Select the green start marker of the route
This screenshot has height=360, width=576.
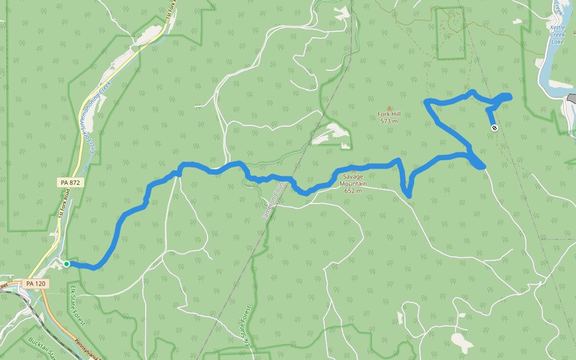pyautogui.click(x=67, y=263)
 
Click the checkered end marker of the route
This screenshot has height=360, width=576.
pyautogui.click(x=494, y=127)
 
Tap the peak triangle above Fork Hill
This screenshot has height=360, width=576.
pyautogui.click(x=389, y=108)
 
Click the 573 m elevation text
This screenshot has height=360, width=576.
pyautogui.click(x=389, y=121)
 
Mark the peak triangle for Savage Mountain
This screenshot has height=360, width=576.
pyautogui.click(x=353, y=171)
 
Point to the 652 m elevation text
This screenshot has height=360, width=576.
pyautogui.click(x=353, y=191)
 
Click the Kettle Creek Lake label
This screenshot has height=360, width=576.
pyautogui.click(x=557, y=35)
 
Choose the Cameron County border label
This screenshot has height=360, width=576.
pyautogui.click(x=271, y=202)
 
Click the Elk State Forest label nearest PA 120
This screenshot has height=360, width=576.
pyautogui.click(x=77, y=306)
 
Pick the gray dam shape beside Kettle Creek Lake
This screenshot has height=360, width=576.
pyautogui.click(x=570, y=98)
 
